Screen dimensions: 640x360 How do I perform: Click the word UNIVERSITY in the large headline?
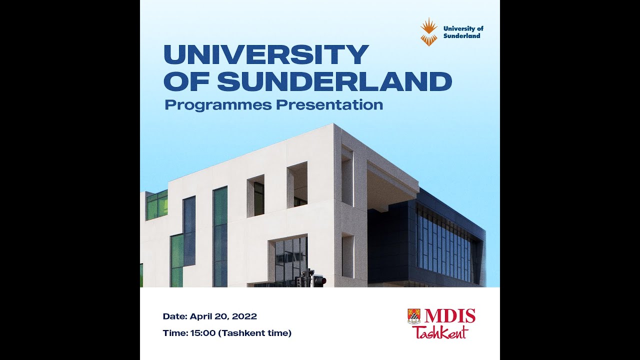pos(266,54)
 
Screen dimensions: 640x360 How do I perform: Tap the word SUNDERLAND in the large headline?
pos(334,81)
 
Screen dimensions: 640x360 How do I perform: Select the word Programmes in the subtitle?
pos(218,105)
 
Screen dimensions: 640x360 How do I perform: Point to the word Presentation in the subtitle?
pos(329,104)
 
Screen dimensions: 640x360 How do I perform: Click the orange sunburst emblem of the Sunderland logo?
pos(429,32)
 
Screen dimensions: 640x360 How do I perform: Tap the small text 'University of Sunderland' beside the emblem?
pos(463,32)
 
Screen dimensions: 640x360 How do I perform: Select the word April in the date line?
pos(200,316)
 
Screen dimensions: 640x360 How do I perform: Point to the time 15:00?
pos(203,333)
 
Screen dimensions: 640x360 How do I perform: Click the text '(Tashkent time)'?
pos(255,333)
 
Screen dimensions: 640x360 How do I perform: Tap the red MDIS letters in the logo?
pos(449,316)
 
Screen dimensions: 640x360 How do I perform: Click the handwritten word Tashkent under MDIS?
pos(441,332)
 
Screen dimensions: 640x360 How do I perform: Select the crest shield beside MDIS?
pos(414,316)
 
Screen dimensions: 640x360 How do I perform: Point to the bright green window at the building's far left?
pos(157,205)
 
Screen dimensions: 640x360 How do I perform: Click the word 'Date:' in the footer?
pos(175,316)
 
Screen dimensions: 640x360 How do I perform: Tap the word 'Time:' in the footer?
pos(175,333)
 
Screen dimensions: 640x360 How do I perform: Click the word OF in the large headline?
pos(187,81)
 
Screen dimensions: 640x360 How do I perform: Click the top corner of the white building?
pos(333,123)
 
